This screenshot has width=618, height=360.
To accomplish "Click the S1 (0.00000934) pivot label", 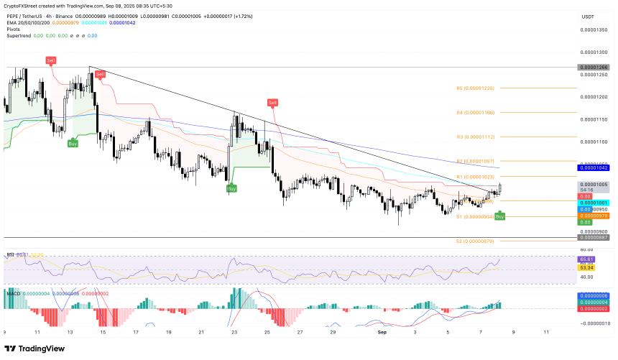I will [476, 216].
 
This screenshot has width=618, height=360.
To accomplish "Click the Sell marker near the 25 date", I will [272, 103].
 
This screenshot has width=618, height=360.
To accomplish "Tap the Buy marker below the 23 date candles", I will [231, 188].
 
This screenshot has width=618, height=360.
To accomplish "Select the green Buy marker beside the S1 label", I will [500, 216].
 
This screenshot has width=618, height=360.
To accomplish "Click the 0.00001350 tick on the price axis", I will [594, 29].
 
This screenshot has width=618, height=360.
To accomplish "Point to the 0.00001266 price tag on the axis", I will [594, 67].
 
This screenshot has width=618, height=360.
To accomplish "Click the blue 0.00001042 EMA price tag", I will [594, 167].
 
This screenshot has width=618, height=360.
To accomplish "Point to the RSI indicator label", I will [11, 254].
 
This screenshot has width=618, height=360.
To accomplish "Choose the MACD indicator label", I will [12, 292].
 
